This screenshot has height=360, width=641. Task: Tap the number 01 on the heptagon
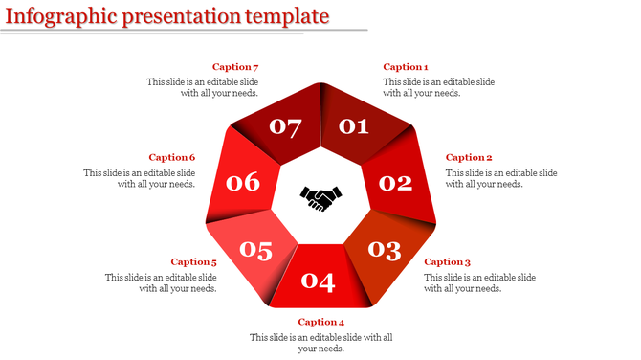(354, 125)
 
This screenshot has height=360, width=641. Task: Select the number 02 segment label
(394, 182)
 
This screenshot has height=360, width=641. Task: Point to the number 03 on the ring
(384, 250)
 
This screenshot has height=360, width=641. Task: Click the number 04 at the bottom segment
(318, 281)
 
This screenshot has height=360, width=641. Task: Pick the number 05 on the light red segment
(255, 251)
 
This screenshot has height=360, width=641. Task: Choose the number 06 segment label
(242, 181)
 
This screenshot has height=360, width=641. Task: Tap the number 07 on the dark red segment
(285, 126)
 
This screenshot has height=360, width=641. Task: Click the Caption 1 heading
(406, 67)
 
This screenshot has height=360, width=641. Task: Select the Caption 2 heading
(469, 157)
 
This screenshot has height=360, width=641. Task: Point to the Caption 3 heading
(448, 261)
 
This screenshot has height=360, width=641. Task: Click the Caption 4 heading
(321, 322)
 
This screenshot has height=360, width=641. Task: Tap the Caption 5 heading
(193, 261)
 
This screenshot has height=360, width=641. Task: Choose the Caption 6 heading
(172, 157)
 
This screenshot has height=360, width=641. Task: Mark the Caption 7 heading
(235, 67)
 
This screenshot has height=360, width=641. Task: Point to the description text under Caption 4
(321, 343)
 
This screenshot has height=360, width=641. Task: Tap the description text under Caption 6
(140, 178)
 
